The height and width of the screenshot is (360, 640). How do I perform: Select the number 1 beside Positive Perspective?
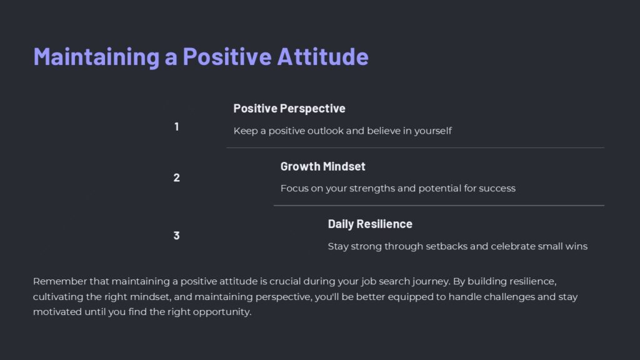pyautogui.click(x=177, y=127)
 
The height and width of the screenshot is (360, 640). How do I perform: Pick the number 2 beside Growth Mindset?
pyautogui.click(x=177, y=178)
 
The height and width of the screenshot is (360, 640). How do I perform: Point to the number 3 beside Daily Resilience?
pyautogui.click(x=177, y=236)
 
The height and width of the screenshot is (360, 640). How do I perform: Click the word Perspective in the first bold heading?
pyautogui.click(x=312, y=109)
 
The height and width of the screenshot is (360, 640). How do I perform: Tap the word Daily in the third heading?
pyautogui.click(x=341, y=224)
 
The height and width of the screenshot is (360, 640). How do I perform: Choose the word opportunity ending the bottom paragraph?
pyautogui.click(x=223, y=312)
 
